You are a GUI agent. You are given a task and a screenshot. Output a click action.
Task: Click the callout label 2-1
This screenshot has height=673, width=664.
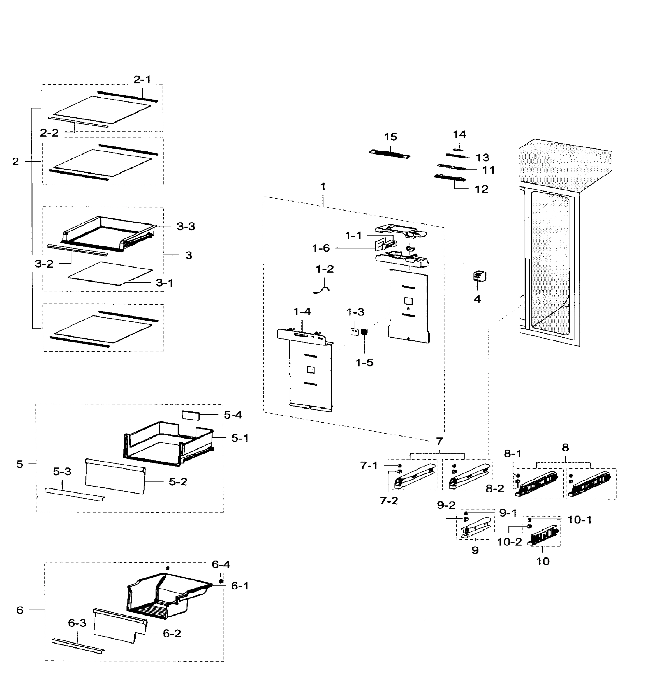tap(142, 80)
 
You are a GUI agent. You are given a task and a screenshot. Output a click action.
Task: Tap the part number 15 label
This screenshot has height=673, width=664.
tap(390, 137)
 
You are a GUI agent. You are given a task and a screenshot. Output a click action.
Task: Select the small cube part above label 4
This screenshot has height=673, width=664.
tap(479, 276)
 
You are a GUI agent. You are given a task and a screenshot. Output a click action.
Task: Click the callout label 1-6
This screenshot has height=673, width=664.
tap(320, 248)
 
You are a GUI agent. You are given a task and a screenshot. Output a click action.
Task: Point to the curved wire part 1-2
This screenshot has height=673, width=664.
tap(322, 289)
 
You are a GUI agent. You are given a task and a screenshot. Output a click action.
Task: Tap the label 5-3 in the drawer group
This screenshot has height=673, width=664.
tap(62, 471)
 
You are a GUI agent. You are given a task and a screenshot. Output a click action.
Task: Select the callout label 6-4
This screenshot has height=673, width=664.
tap(221, 564)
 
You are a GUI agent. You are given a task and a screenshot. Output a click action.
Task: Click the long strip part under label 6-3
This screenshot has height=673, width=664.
tap(78, 646)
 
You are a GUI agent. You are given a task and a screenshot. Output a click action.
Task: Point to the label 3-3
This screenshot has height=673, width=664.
tap(186, 226)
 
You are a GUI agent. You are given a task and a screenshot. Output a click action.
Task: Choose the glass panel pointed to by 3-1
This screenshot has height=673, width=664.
tap(110, 273)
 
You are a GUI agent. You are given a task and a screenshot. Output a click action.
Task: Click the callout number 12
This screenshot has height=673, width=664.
tap(482, 189)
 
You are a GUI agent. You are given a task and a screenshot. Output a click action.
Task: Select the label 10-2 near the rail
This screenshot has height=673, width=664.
tap(509, 542)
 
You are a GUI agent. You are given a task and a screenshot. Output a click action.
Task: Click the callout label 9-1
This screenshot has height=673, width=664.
tap(508, 513)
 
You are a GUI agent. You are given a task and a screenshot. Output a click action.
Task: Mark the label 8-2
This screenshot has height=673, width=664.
tap(495, 489)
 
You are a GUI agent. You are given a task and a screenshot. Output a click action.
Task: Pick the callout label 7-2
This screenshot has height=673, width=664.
tap(388, 501)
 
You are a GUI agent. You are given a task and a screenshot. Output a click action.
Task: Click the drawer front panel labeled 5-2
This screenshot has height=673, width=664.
tap(115, 476)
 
